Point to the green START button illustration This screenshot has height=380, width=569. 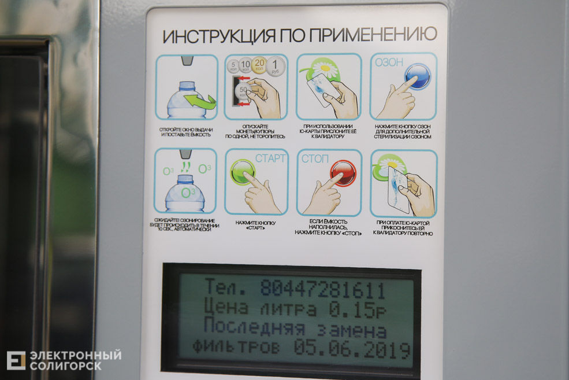tap(243, 172)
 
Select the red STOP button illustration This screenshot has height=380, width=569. tap(343, 173)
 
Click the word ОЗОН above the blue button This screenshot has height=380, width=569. tap(389, 62)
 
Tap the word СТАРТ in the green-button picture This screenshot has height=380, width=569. tap(270, 158)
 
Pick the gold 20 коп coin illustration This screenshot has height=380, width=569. tap(260, 62)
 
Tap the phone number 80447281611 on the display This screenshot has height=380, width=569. tap(322, 289)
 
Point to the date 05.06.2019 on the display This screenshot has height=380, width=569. tap(352, 349)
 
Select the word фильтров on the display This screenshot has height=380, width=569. tap(236, 349)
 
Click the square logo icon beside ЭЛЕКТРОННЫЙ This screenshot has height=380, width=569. tap(16, 360)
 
